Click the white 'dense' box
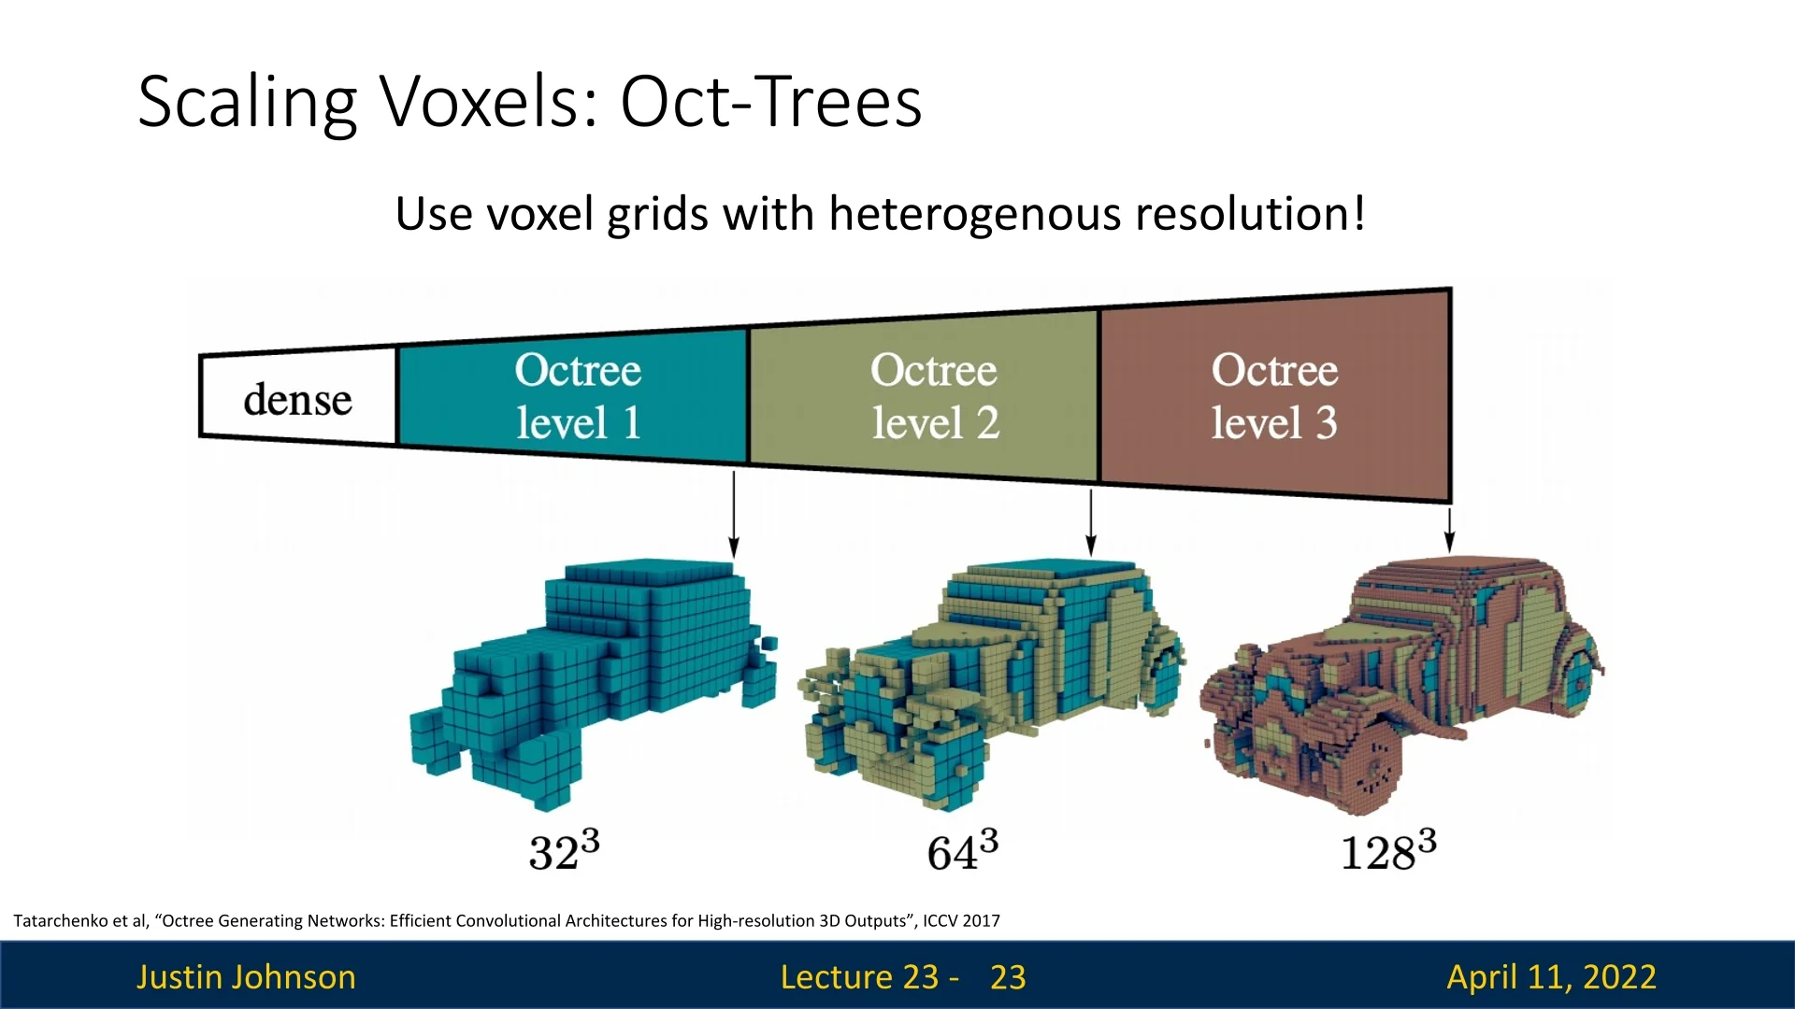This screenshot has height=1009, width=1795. tap(298, 397)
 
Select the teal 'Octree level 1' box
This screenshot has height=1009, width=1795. tap(574, 395)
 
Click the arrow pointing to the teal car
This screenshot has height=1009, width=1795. tap(734, 514)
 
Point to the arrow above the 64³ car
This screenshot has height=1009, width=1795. tap(1090, 521)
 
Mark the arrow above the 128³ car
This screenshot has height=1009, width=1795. tap(1449, 529)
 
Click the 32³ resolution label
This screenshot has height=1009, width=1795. tap(564, 850)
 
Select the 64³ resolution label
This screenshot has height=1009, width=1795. tap(962, 850)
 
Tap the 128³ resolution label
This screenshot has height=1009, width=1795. tap(1388, 850)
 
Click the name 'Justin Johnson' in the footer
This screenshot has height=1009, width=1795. tap(246, 976)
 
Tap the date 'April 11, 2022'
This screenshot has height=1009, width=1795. tap(1551, 976)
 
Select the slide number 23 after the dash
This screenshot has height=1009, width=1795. tap(1008, 976)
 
